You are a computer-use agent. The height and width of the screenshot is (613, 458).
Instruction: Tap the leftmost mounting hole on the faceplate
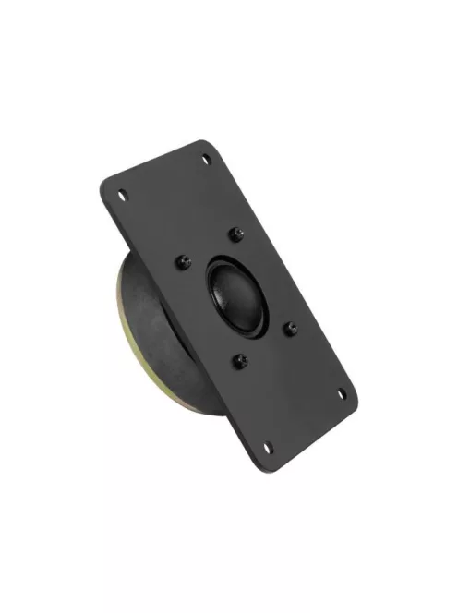pos(121,195)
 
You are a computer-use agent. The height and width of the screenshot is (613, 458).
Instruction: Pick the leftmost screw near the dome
pos(181,262)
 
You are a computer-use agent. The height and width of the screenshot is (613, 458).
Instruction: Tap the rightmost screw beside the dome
pos(290,327)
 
